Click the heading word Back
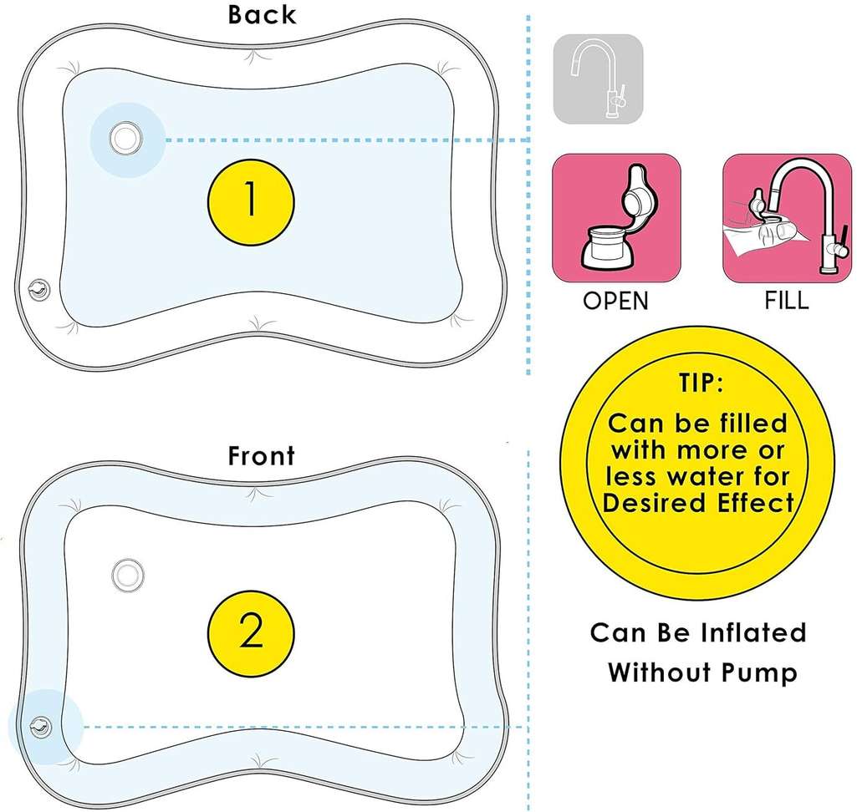pos(262,14)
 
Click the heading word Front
pos(262,456)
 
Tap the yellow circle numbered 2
pos(251,633)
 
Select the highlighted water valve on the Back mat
pos(125,138)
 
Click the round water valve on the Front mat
pos(128,573)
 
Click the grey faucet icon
pos(598,79)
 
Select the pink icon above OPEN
pos(616,217)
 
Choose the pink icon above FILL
pos(786,217)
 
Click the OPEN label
pos(616,300)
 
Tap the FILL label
pos(787,300)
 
